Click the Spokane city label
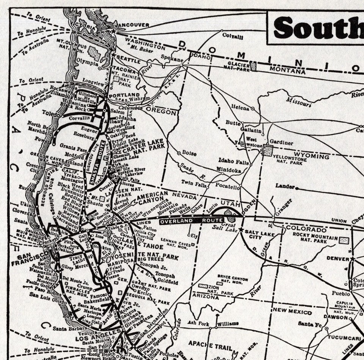[x=172, y=60]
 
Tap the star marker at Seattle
[x=113, y=55]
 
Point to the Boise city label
[x=189, y=153]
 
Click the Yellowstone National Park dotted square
[x=268, y=150]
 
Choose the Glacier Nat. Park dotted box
[x=253, y=66]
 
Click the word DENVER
[x=338, y=258]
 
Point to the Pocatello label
[x=227, y=187]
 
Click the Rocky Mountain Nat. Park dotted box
[x=344, y=240]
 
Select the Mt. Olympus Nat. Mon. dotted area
[x=94, y=53]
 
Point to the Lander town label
[x=285, y=186]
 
